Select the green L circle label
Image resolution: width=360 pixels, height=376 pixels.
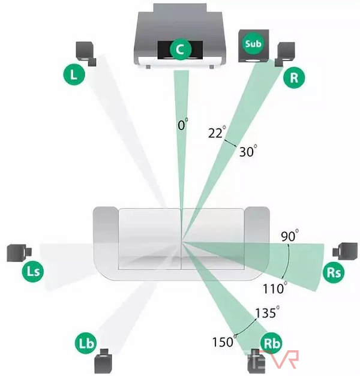74,75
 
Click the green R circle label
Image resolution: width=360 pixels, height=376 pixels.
294,77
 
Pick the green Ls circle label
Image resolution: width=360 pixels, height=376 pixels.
34,272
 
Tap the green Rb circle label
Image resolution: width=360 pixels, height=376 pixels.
272,344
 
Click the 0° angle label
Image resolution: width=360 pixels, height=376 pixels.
183,126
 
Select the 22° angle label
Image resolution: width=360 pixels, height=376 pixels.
217,133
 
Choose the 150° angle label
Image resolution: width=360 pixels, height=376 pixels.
222,342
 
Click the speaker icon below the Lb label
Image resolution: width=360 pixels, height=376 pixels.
103,362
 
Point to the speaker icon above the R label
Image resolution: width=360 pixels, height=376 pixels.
286,53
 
